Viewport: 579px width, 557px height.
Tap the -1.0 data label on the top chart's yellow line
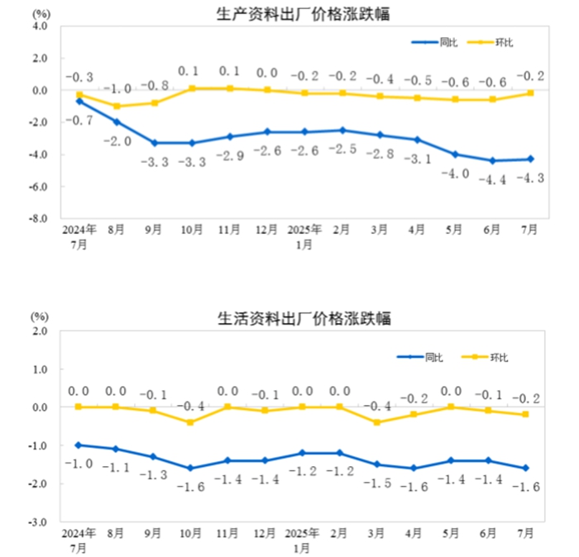tap(117, 89)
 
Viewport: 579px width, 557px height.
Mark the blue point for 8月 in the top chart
tap(117, 122)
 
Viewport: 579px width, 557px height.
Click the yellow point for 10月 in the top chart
tap(192, 88)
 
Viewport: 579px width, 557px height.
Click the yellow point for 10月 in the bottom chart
tap(192, 422)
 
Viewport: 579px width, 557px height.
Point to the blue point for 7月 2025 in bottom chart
tap(530, 468)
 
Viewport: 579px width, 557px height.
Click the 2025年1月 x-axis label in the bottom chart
tap(304, 540)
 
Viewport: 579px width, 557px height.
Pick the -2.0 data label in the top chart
tap(117, 141)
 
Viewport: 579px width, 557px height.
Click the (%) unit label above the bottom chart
tap(39, 316)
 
